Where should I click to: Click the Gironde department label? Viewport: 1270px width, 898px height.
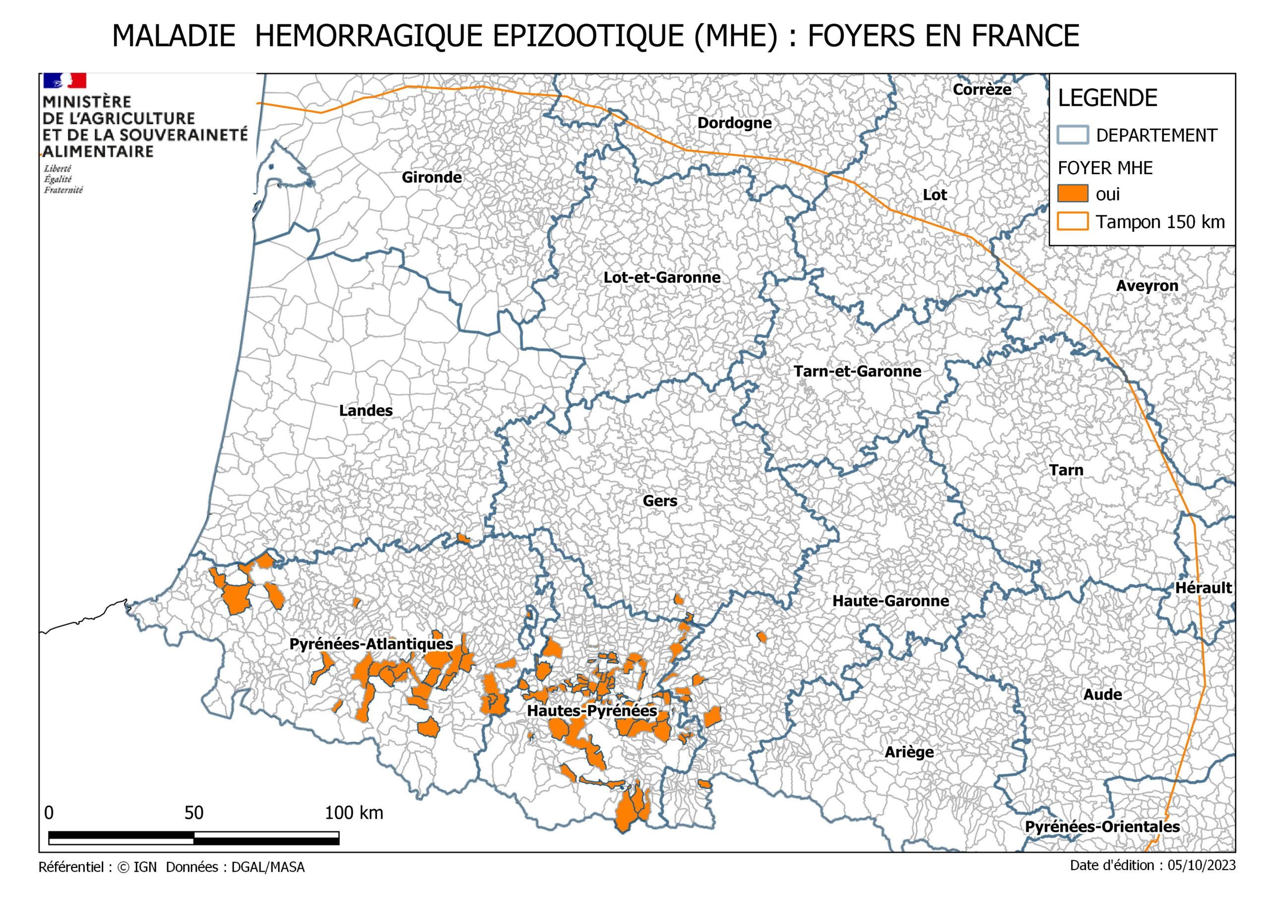coord(432,178)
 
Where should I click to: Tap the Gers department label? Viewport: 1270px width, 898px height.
coord(659,501)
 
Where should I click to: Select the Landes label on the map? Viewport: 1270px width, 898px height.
coord(366,410)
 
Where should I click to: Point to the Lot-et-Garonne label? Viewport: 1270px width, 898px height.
coord(662,278)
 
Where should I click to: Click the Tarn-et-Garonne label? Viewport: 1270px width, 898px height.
coord(857,371)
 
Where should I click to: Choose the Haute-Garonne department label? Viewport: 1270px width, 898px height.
coord(890,601)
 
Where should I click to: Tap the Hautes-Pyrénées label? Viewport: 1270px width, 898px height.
coord(591,711)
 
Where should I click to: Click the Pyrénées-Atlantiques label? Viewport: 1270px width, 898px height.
coord(371,644)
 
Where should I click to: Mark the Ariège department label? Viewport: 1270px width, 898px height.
coord(909,753)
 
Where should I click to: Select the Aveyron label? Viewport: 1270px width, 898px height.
coord(1146,286)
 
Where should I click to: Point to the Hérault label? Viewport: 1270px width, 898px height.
coord(1203,588)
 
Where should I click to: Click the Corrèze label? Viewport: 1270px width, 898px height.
coord(982,90)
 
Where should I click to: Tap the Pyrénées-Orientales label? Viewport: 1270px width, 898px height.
coord(1102,827)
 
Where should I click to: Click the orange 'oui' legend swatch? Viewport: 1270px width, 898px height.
coord(1073,193)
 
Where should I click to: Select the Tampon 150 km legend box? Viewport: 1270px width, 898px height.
coord(1073,221)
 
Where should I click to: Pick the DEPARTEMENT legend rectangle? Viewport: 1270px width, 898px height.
coord(1073,135)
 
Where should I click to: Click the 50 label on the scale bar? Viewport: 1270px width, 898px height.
coord(193,813)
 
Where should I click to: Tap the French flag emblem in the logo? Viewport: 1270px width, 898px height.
coord(64,81)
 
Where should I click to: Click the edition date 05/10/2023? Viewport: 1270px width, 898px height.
coord(1201,865)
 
